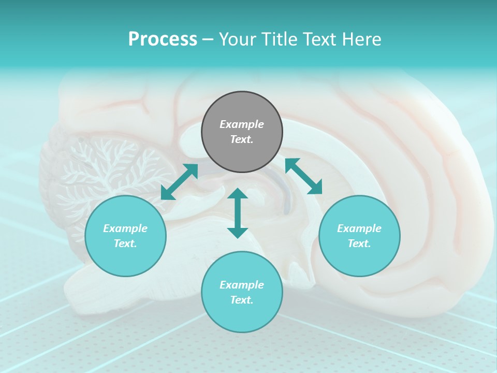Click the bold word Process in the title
[163, 39]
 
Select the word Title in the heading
[280, 39]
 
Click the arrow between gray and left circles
[179, 182]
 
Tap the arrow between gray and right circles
[303, 176]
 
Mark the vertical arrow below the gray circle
[238, 213]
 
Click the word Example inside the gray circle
[242, 124]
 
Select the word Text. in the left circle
[125, 243]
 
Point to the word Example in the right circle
[359, 228]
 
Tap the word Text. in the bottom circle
[242, 300]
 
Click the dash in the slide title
[208, 39]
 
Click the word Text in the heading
[319, 39]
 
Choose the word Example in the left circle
[125, 228]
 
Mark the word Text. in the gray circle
[242, 139]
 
